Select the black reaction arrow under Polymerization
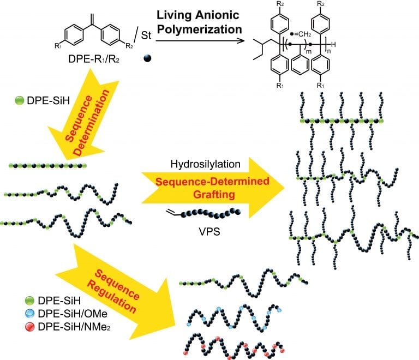point(199,40)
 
